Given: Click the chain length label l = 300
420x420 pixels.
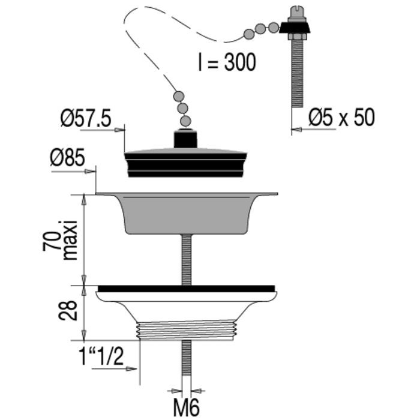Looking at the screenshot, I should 226,61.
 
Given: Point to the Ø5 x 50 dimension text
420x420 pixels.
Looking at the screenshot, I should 341,118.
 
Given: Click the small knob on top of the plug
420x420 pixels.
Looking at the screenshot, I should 185,138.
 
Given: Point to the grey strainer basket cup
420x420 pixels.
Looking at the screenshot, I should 185,213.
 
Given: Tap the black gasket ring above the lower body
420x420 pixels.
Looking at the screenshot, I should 186,288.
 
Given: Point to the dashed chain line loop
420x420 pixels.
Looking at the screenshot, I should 150,42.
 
